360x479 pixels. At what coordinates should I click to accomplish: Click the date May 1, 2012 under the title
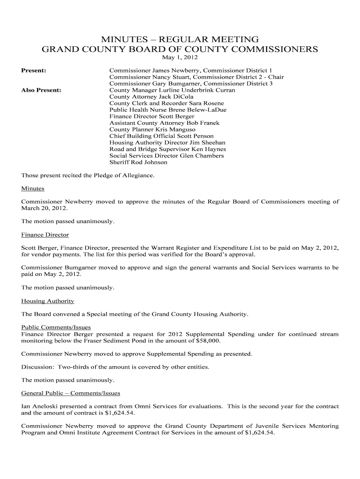[x=180, y=58]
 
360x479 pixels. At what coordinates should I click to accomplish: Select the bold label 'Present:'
[x=34, y=70]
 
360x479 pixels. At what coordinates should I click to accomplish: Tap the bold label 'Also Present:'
[x=42, y=90]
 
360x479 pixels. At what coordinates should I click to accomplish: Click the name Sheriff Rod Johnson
[x=138, y=162]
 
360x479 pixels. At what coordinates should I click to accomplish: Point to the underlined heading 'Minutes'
[x=33, y=189]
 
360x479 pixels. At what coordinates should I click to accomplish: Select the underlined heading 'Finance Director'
[x=45, y=234]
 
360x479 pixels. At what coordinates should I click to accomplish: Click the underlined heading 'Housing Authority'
[x=48, y=301]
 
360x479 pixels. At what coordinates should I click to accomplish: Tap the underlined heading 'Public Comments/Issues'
[x=56, y=327]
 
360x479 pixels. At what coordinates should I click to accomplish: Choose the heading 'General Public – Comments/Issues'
[x=71, y=393]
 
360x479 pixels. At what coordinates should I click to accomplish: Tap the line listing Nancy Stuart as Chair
[x=196, y=77]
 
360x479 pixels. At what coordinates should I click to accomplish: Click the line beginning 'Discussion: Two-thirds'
[x=115, y=367]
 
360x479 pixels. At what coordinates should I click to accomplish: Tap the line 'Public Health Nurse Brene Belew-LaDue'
[x=168, y=109]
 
